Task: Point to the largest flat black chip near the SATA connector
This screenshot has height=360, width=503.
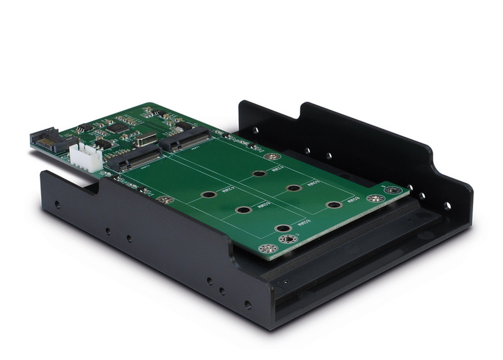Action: coord(117,128)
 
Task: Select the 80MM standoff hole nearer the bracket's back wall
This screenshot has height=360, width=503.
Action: coord(334,204)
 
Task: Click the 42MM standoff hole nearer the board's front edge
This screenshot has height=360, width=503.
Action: coord(209,194)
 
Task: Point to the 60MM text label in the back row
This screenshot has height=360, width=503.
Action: coord(313,185)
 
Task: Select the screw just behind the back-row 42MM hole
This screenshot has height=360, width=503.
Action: coord(272,157)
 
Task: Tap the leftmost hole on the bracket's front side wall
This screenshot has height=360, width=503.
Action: coord(57,204)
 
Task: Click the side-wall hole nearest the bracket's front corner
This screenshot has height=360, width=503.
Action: coord(248,304)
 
